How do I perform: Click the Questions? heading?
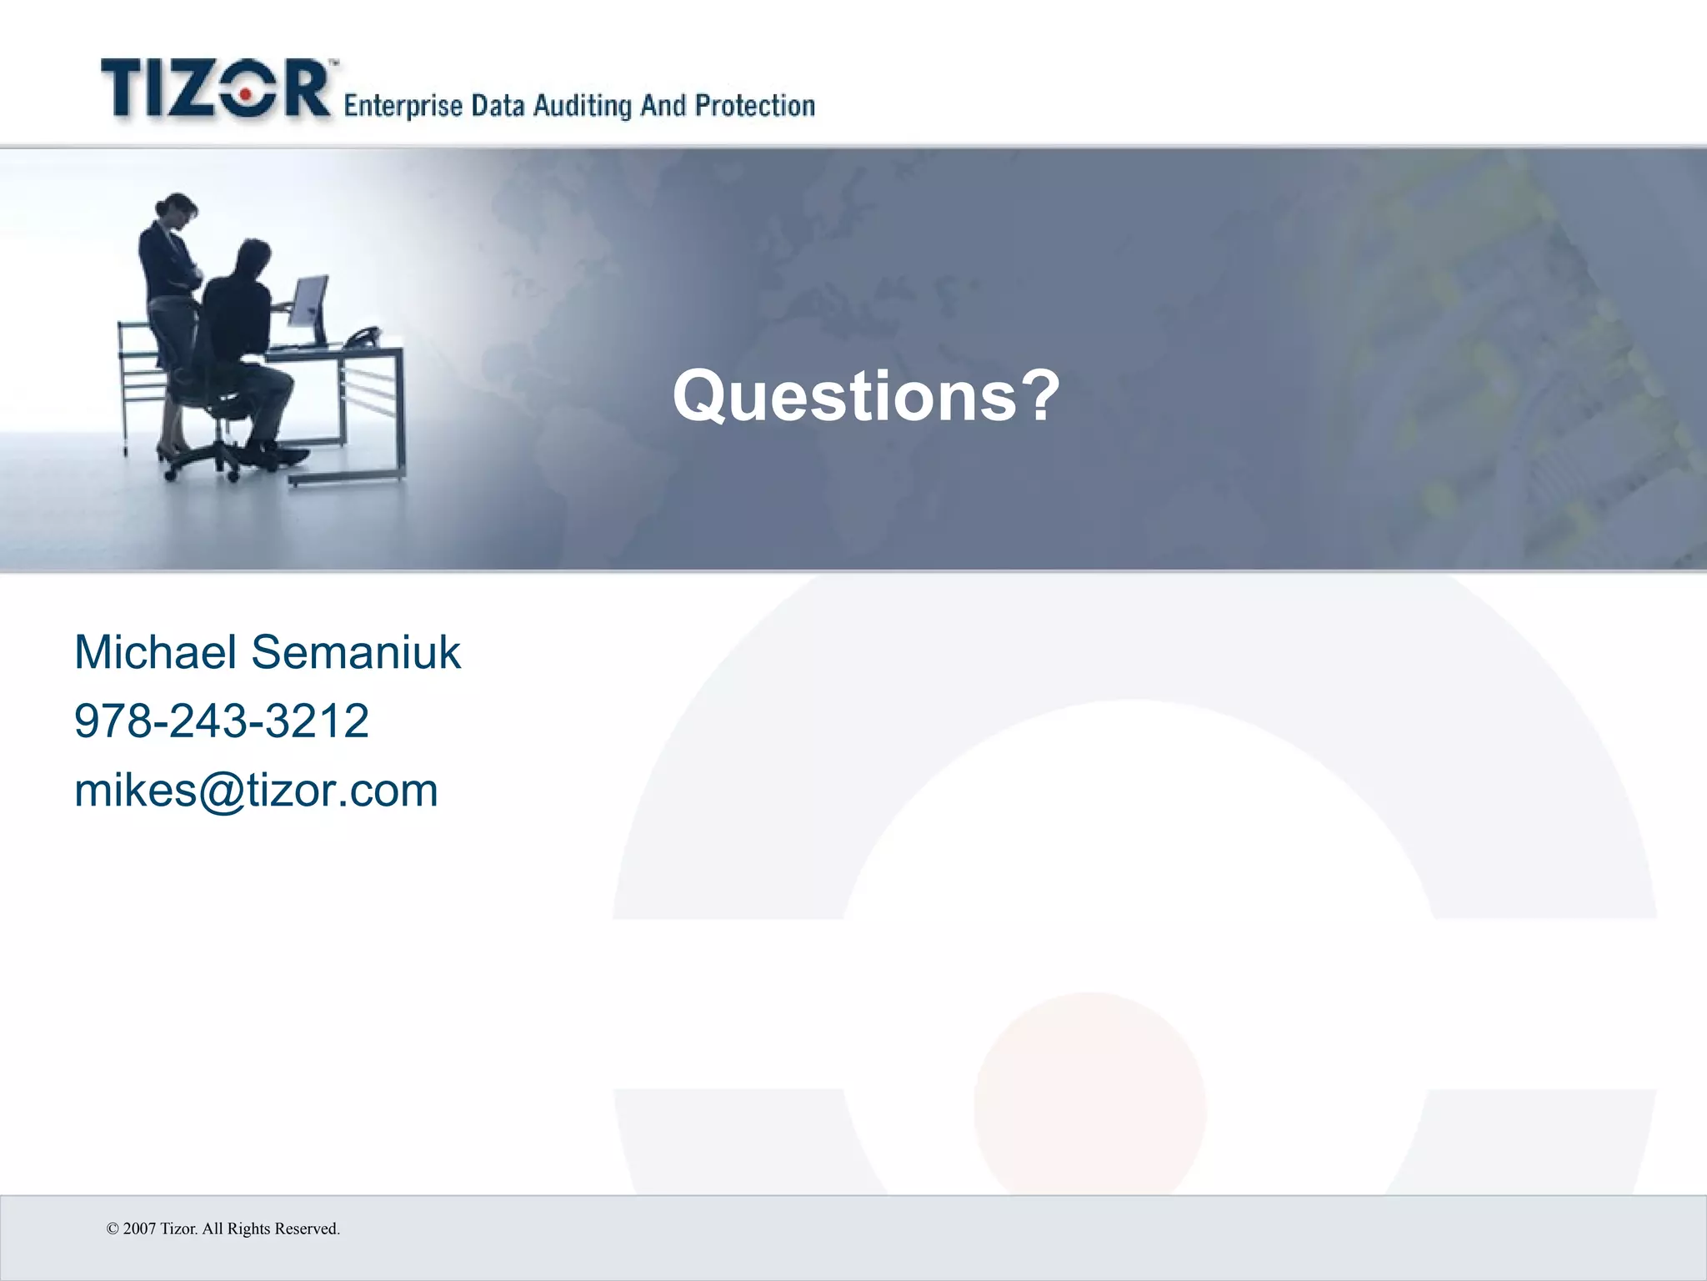(866, 396)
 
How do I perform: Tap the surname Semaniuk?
(356, 652)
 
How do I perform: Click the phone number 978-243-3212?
(222, 721)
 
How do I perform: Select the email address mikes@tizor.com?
(256, 791)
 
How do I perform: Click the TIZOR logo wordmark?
(217, 89)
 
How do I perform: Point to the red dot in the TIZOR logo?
(243, 97)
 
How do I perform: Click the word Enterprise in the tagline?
(403, 107)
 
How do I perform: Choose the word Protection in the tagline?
(755, 106)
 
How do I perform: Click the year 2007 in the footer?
(139, 1228)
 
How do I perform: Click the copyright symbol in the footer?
(113, 1228)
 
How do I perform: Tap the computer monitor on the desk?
(309, 307)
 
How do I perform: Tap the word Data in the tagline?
(498, 107)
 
